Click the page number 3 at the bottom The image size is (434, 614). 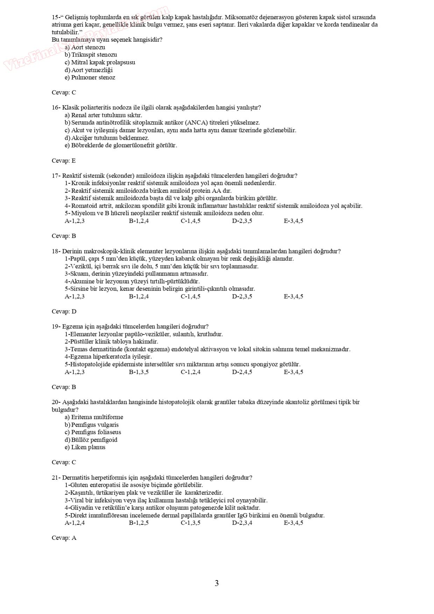pos(217,583)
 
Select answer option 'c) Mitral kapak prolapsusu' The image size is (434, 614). pos(100,62)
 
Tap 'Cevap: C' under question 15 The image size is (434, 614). pos(64,92)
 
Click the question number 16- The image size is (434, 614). pos(56,107)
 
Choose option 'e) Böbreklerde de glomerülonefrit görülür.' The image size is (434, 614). pos(121,145)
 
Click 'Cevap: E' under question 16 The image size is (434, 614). pos(64,161)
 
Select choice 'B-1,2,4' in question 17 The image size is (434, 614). pos(139,221)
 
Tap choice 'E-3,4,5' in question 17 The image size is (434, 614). pos(293,221)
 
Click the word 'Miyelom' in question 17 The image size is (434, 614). pos(81,213)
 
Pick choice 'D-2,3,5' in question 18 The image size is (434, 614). pos(242,296)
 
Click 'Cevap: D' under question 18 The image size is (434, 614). pos(64,312)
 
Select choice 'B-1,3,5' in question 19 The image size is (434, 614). pos(139,372)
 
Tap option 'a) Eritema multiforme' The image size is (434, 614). pos(94,417)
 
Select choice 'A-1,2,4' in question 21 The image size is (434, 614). pos(75,523)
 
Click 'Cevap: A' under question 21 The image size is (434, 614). pos(64,538)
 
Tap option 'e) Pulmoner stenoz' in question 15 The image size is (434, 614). pos(90,77)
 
